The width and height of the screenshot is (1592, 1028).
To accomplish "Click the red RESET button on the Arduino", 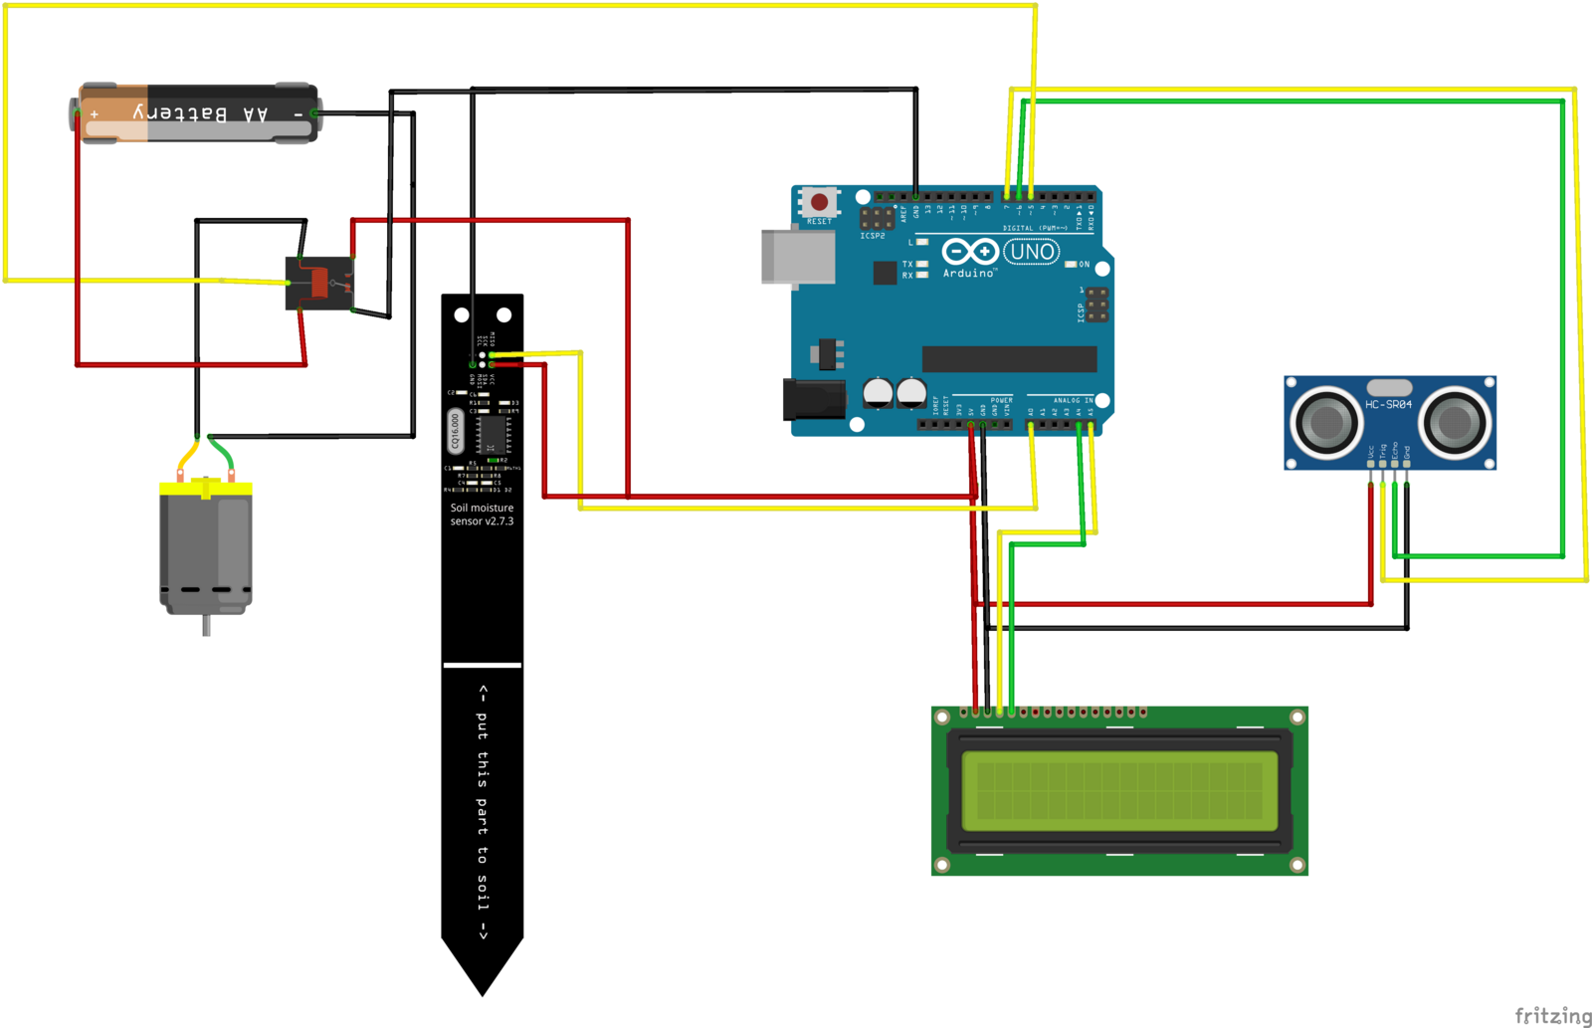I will point(819,202).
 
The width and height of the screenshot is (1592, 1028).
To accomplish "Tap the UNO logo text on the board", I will point(1031,252).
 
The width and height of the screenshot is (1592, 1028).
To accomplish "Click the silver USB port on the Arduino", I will point(798,257).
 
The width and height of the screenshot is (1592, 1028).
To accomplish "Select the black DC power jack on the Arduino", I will point(813,399).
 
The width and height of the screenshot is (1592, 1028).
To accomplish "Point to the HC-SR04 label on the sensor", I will point(1388,404).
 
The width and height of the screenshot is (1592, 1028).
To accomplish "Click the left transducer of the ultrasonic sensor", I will point(1326,422).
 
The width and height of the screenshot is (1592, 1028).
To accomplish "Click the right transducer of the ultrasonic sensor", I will point(1454,422).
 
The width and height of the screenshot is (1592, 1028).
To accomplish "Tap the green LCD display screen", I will point(1119,791).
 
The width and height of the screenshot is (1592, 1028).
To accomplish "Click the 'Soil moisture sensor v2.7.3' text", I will point(482,514).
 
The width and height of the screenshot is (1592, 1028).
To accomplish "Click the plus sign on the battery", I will point(95,114).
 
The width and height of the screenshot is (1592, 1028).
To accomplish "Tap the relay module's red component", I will point(319,283).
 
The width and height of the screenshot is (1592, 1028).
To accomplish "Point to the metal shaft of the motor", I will point(206,626).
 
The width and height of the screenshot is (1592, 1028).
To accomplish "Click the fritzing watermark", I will point(1552,1015).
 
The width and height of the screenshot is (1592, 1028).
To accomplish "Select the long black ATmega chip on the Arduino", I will point(1009,358).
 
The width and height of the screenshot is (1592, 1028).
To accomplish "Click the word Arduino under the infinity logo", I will point(968,273).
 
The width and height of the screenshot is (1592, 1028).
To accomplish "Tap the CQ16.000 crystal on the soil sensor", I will point(455,431).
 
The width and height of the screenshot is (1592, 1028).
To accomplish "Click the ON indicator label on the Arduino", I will point(1084,265).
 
